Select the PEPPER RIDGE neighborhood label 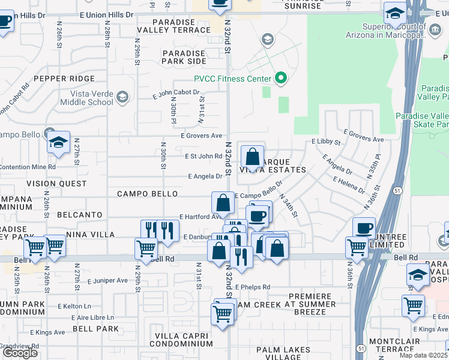[x=58, y=79]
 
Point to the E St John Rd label [x=202, y=157]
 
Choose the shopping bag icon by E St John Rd [x=253, y=158]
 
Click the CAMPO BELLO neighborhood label [x=147, y=194]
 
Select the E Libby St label [x=326, y=142]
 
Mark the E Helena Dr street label [x=348, y=185]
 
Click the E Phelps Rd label [x=253, y=287]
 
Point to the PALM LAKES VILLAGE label [x=283, y=353]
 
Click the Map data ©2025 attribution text [x=424, y=355]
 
